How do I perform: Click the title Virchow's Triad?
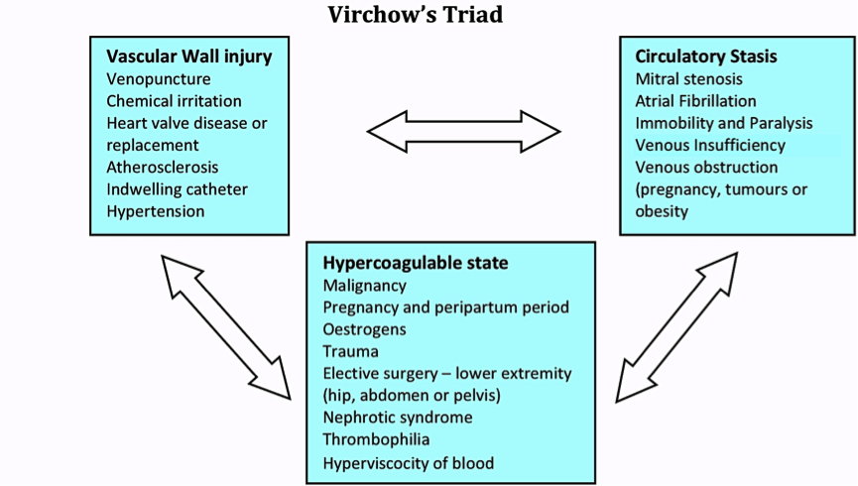[x=416, y=14]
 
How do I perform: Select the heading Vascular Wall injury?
[x=188, y=57]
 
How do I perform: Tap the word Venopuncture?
[x=158, y=79]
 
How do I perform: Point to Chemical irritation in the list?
[x=174, y=101]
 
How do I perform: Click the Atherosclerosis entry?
[x=162, y=167]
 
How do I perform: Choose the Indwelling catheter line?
[x=177, y=189]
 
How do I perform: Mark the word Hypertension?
[x=156, y=212]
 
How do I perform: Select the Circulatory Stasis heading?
[x=706, y=57]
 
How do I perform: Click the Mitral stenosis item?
[x=689, y=78]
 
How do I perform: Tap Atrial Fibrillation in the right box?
[x=695, y=101]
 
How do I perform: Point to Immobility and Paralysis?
[x=724, y=124]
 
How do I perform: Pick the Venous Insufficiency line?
[x=710, y=145]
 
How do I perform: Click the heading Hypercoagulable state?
[x=416, y=263]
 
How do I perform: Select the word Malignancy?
[x=364, y=286]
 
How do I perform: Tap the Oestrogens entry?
[x=364, y=329]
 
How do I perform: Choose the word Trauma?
[x=350, y=351]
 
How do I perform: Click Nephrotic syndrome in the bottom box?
[x=398, y=418]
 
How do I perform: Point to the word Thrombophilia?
[x=376, y=439]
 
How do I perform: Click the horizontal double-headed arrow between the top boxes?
[x=463, y=131]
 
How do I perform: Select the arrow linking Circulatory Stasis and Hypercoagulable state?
[x=676, y=327]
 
